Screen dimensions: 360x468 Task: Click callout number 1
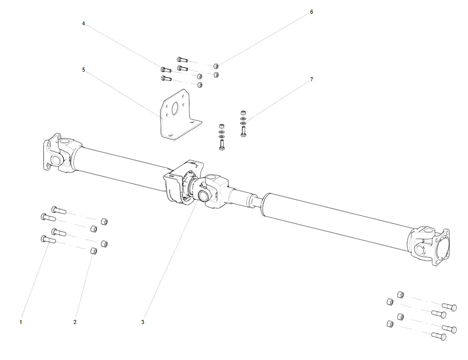click(x=21, y=322)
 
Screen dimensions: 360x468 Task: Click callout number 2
click(x=75, y=322)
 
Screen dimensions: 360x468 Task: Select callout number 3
click(x=143, y=322)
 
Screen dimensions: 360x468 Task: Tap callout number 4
click(x=83, y=23)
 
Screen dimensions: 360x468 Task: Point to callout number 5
click(x=83, y=70)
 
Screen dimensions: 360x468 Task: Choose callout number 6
click(x=312, y=12)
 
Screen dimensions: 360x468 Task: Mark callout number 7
click(x=312, y=80)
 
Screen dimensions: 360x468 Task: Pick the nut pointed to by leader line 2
click(x=93, y=251)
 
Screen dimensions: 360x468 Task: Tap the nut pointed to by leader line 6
click(x=216, y=66)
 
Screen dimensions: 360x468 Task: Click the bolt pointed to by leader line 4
click(x=166, y=70)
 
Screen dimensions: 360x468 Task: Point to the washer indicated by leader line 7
click(x=243, y=123)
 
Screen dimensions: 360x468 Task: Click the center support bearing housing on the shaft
click(x=180, y=185)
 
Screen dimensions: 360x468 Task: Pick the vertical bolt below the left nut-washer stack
click(x=222, y=144)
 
